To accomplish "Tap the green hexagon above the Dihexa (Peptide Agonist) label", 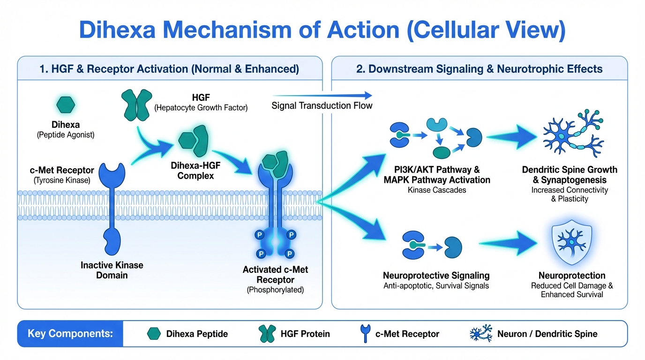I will [65, 105].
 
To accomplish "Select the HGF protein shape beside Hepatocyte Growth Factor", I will [137, 105].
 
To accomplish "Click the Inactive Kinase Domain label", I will [112, 270].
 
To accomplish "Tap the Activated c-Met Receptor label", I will [275, 275].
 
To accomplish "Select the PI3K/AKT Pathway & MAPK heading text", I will [437, 174].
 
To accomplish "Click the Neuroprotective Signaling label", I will [436, 276].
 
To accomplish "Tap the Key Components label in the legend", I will [70, 334].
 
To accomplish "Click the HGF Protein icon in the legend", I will [267, 334].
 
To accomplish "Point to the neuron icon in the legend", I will [481, 334].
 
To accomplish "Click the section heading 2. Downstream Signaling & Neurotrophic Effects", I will [479, 69].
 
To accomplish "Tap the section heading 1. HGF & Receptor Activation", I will [169, 69].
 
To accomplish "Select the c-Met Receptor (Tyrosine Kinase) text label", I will [61, 175].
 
